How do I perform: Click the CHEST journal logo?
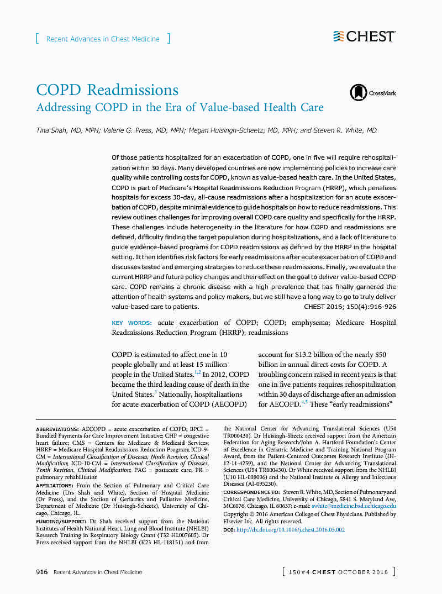point(364,36)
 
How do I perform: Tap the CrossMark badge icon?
point(359,93)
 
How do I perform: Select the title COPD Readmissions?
point(107,90)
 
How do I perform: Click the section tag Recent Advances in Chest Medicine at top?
point(103,39)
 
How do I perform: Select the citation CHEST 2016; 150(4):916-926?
point(350,306)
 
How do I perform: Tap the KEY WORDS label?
point(131,323)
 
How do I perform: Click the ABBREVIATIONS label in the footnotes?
point(57,429)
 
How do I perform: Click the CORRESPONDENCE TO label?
point(251,492)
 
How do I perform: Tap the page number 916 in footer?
point(42,572)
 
